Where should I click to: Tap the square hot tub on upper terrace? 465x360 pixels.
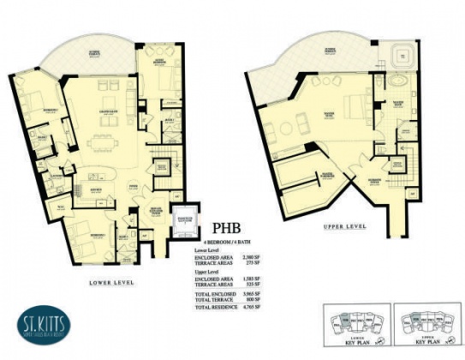[x=398, y=58]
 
